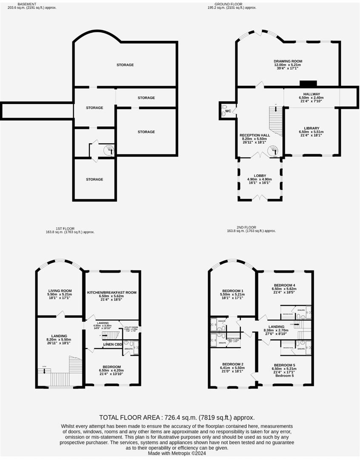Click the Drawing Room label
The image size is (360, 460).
click(x=288, y=61)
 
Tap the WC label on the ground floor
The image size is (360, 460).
click(x=228, y=111)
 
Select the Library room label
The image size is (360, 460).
click(x=311, y=128)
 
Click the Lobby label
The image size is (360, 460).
click(x=260, y=175)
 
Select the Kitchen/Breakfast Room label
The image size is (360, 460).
click(x=111, y=293)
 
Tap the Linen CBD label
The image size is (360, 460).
click(x=113, y=344)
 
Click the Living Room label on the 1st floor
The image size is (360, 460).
click(x=60, y=290)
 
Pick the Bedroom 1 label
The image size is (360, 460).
click(x=232, y=290)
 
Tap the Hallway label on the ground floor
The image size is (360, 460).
click(x=311, y=94)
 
